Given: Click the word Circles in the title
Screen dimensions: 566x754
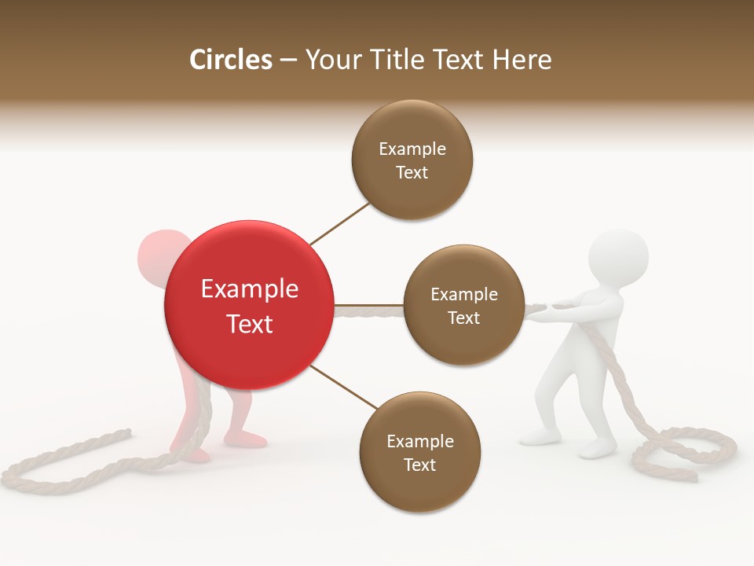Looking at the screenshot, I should tap(230, 60).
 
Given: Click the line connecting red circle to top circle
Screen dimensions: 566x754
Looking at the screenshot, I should tap(339, 223).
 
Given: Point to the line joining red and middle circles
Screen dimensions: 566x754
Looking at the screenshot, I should tap(368, 304).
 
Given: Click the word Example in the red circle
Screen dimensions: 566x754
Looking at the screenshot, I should tap(249, 289).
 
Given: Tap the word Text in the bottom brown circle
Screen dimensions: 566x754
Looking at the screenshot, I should tap(419, 465).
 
